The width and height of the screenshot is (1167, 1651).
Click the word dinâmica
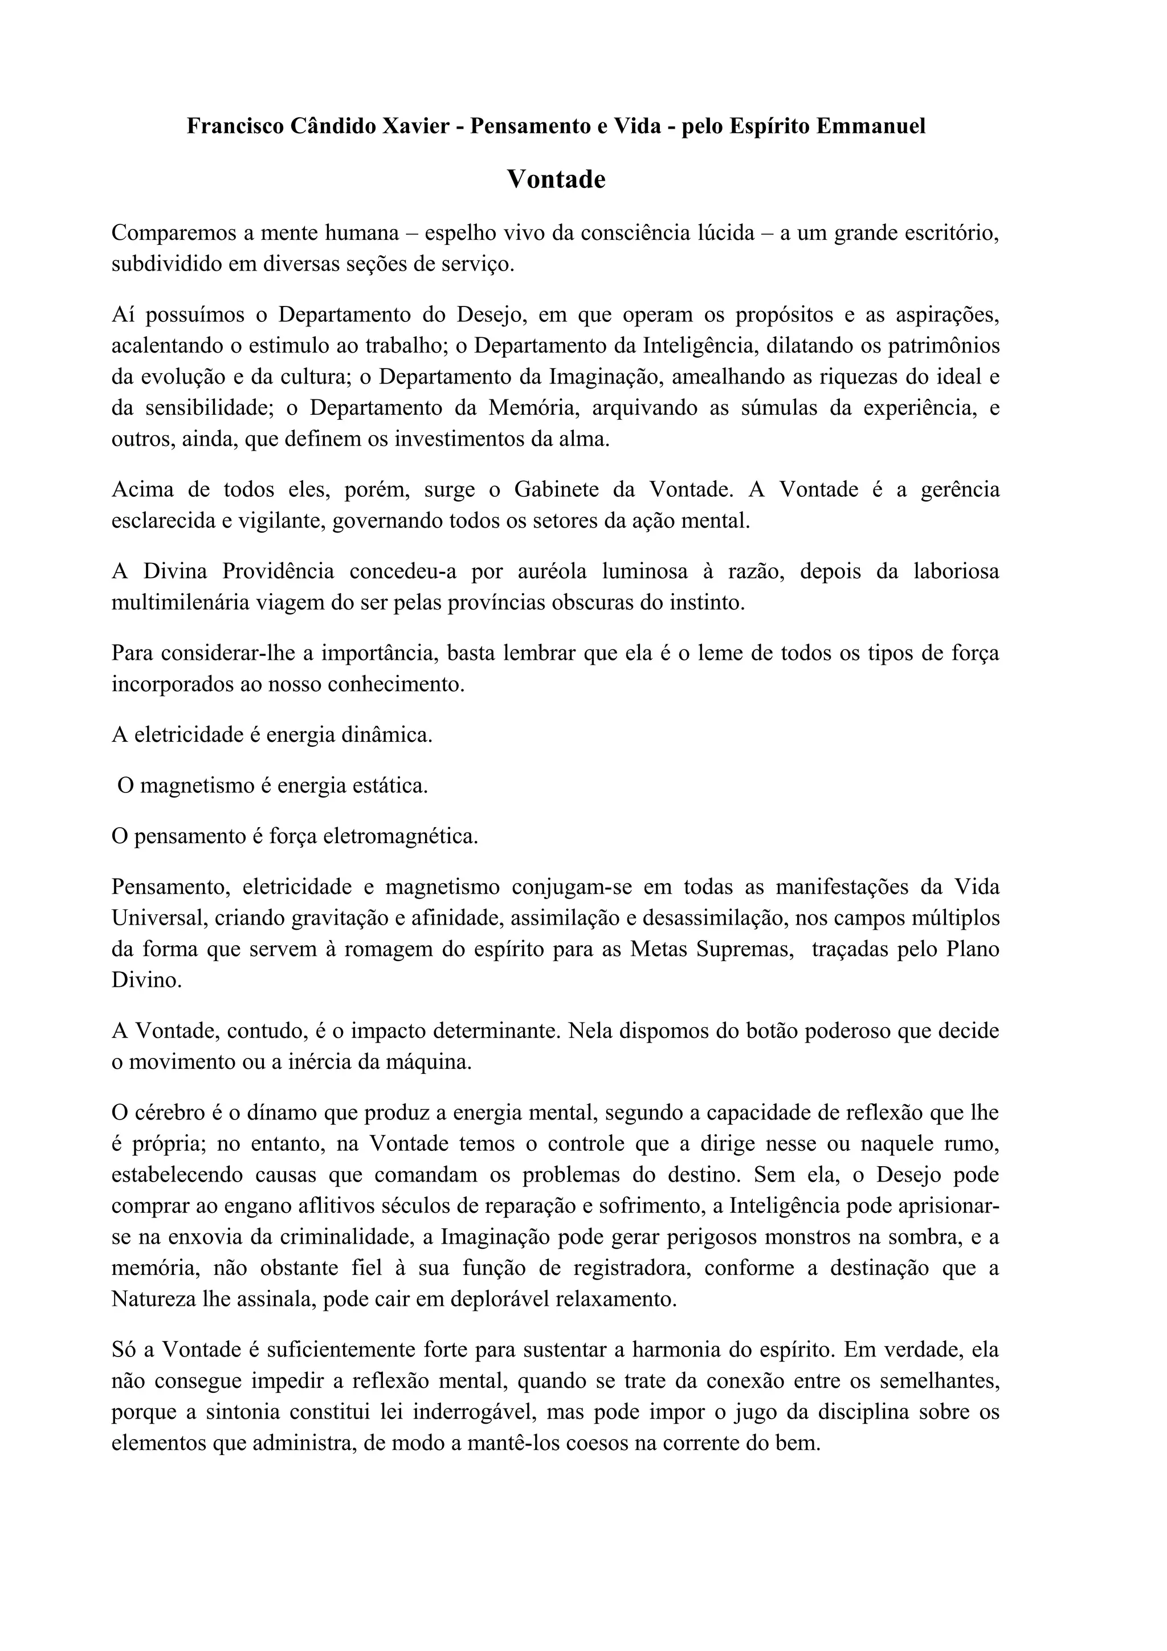point(393,735)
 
